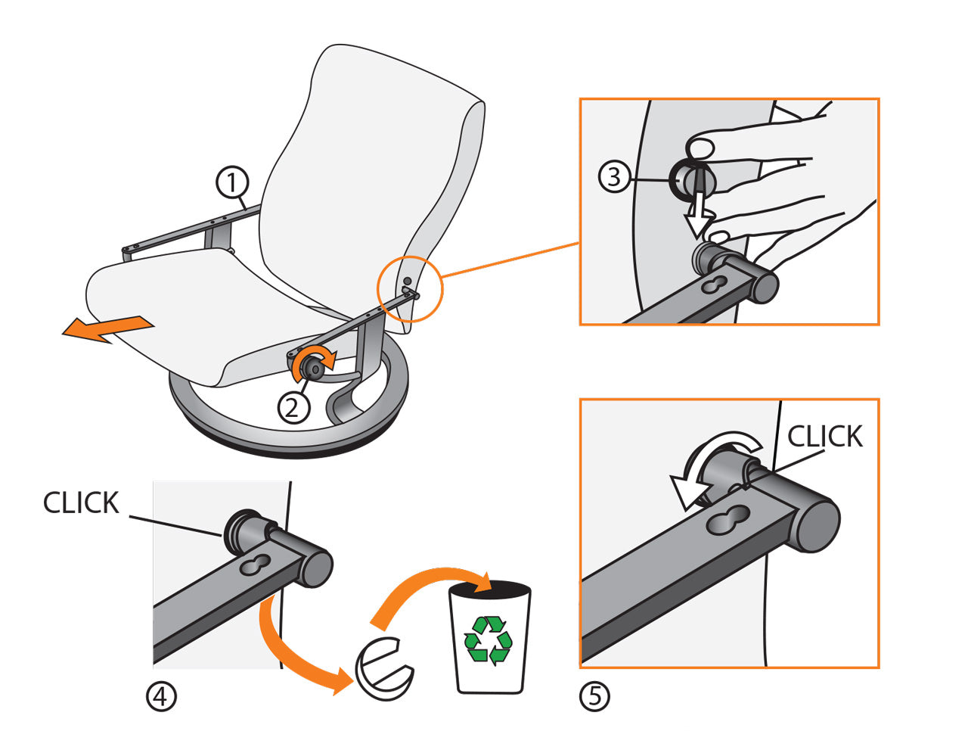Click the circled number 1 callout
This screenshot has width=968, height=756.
coord(232,182)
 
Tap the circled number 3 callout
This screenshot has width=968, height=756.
coord(614,177)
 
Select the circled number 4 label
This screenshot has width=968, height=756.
coord(161,696)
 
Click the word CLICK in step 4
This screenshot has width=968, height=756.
coord(81,503)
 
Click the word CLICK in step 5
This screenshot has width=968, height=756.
coord(824,437)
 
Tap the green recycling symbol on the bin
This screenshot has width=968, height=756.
coord(488,640)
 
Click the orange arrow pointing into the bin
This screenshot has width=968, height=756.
coord(423,593)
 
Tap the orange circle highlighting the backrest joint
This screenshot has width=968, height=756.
coord(409,288)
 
